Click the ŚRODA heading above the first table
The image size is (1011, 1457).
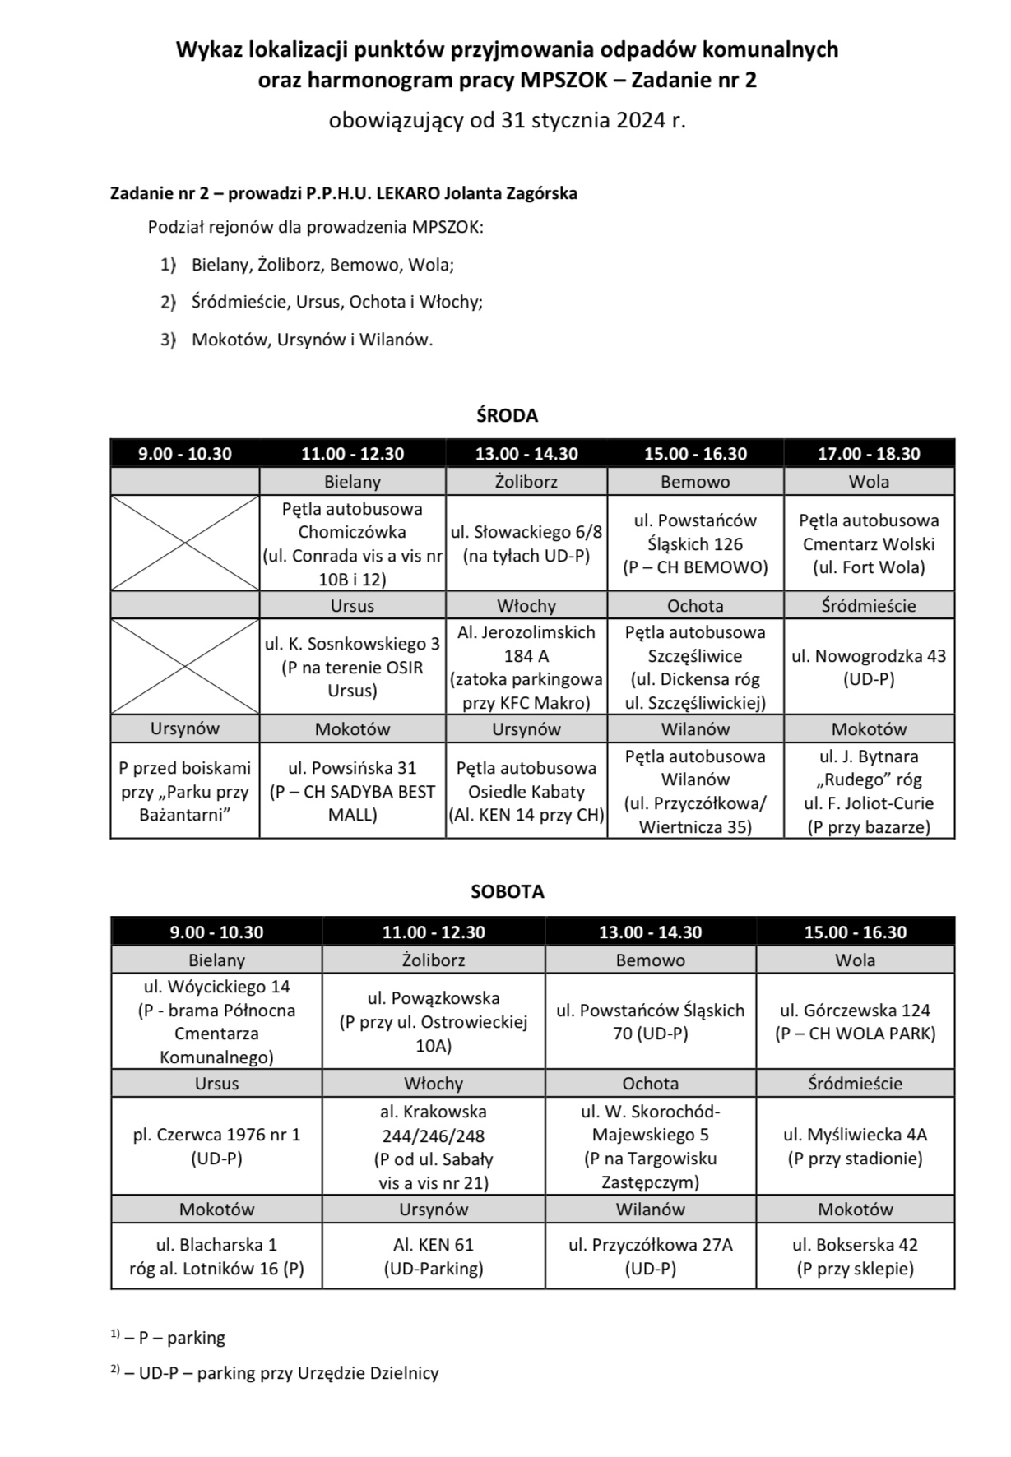coord(507,415)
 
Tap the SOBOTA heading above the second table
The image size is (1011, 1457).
coord(507,891)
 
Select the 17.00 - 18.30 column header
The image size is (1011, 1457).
coord(869,453)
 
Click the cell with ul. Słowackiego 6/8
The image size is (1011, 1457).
coord(526,543)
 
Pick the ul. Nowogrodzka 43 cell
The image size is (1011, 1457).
coord(869,667)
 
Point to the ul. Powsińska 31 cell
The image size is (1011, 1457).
coord(352,791)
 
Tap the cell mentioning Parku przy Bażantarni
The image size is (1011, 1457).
coord(185,791)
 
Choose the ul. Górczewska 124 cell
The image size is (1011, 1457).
coord(855,1021)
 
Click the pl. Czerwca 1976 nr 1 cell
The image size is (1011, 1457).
coord(216,1146)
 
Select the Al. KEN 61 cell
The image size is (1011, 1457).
coord(434,1256)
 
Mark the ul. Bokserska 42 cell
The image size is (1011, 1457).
coord(855,1256)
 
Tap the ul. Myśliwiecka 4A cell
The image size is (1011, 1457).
coord(855,1146)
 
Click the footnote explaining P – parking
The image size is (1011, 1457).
coord(174,1338)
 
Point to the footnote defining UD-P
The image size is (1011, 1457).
coord(280,1373)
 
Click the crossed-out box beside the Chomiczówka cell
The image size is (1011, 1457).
coord(185,543)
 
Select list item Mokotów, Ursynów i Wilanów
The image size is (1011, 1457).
coord(312,339)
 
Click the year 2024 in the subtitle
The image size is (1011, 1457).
coord(638,121)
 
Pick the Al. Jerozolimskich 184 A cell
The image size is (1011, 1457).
coord(526,667)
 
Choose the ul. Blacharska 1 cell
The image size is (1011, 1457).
coord(216,1256)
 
